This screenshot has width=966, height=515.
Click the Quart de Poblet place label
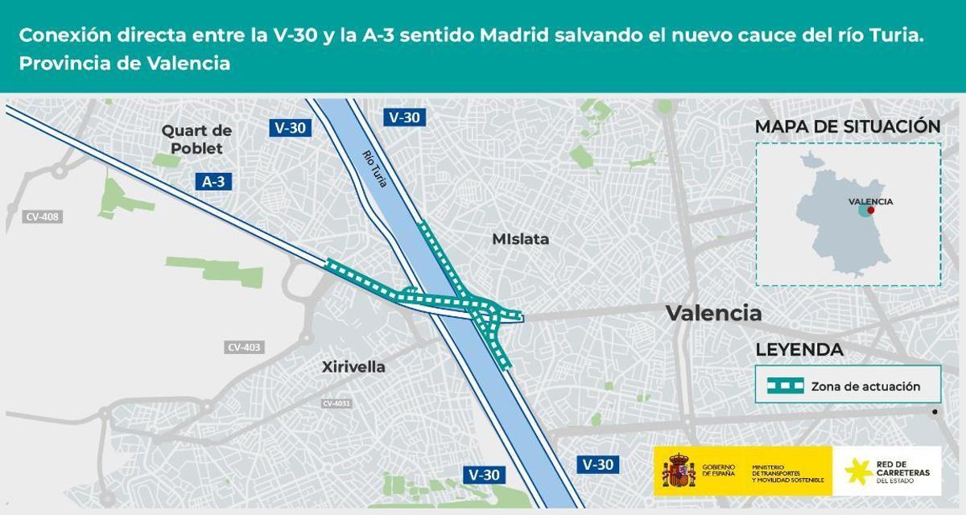(196, 139)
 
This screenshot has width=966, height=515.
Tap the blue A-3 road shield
(213, 182)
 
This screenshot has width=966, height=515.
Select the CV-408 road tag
(43, 216)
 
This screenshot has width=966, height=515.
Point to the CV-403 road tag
(244, 348)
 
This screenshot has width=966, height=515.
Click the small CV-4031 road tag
(336, 403)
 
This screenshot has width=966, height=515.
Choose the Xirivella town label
(353, 367)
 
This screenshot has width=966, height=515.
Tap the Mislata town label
(520, 239)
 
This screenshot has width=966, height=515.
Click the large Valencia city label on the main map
(713, 313)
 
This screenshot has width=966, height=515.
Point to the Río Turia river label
(375, 169)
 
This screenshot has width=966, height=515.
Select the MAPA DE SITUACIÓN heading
(848, 126)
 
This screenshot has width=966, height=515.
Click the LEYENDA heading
(799, 350)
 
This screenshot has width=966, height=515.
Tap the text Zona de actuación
(865, 386)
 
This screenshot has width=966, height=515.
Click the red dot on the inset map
(870, 210)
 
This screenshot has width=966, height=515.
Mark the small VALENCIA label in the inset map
(870, 201)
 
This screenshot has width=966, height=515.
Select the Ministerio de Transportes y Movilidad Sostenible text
(788, 475)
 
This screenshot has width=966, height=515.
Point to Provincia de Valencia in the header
(125, 64)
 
